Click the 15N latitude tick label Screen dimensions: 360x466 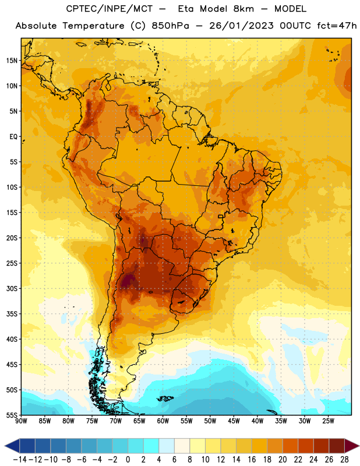click(x=12, y=61)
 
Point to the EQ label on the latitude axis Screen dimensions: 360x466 click(x=13, y=137)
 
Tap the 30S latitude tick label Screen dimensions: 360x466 click(x=12, y=288)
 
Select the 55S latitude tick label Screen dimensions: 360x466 click(x=12, y=415)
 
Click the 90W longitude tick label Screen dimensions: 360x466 click(x=21, y=421)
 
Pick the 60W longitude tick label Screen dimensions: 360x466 click(x=163, y=421)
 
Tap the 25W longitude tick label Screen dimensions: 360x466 click(x=328, y=421)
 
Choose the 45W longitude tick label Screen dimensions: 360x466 click(x=234, y=421)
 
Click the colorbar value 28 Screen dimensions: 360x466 click(x=344, y=460)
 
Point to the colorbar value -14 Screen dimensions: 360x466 click(x=20, y=460)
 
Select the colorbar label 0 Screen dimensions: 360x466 click(x=128, y=460)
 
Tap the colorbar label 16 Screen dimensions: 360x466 click(x=252, y=460)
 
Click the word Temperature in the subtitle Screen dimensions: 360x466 click(x=93, y=26)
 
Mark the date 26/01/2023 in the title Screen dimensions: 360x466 click(x=241, y=26)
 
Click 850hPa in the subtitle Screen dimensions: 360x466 click(x=170, y=26)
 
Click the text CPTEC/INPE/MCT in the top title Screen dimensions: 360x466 click(x=109, y=9)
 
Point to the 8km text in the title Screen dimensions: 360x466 click(x=243, y=9)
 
